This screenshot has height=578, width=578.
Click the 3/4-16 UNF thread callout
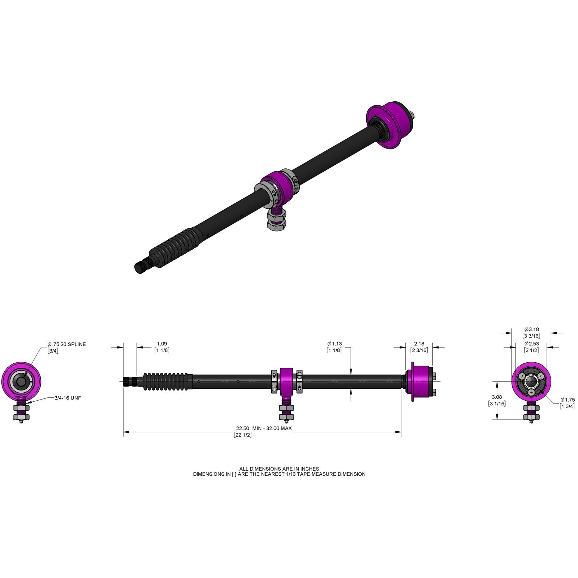(68, 398)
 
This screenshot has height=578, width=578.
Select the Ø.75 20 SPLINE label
(67, 344)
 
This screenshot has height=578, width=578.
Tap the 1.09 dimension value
(162, 344)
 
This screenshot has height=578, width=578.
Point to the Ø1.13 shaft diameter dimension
(335, 344)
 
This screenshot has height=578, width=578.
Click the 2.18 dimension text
(419, 344)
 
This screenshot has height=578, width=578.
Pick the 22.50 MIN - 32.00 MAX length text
(264, 428)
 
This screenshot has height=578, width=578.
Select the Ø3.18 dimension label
(531, 329)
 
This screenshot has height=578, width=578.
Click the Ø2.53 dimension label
(531, 344)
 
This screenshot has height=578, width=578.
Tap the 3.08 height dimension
(497, 397)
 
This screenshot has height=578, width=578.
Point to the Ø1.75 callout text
(567, 400)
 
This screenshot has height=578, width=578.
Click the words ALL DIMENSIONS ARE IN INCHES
(279, 469)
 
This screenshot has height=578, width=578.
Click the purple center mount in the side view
(286, 381)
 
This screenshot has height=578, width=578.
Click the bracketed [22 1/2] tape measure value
(242, 435)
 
